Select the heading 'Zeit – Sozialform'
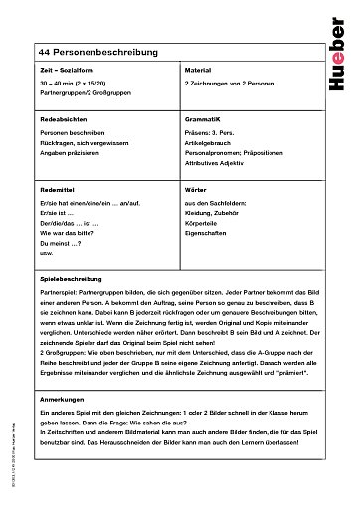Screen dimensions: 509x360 click(63, 73)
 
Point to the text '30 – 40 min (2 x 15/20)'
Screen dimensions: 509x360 click(74, 86)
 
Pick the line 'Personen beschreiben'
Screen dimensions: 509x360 click(69, 132)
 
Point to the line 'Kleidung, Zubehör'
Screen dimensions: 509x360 click(211, 212)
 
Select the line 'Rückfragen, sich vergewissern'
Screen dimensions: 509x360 click(81, 143)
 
